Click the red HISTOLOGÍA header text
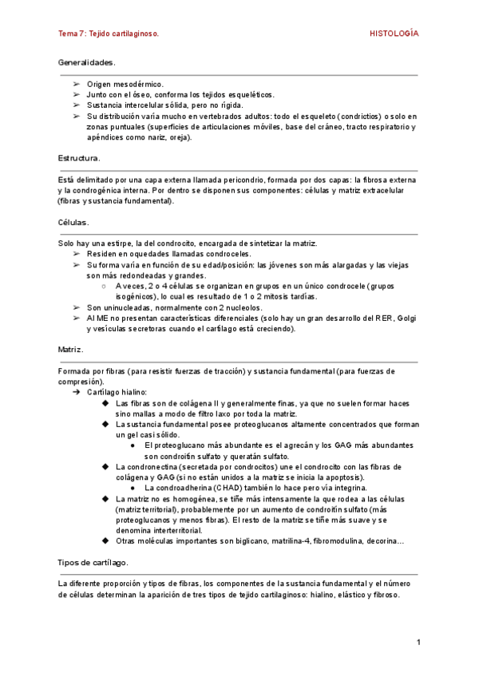pyautogui.click(x=394, y=34)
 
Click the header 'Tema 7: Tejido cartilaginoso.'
pyautogui.click(x=109, y=34)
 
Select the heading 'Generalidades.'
pyautogui.click(x=87, y=61)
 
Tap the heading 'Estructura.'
pyautogui.click(x=80, y=158)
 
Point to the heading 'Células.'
pyautogui.click(x=74, y=221)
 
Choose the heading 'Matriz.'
pyautogui.click(x=72, y=350)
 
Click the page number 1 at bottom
pyautogui.click(x=418, y=642)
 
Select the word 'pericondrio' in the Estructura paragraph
pyautogui.click(x=243, y=180)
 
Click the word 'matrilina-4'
pyautogui.click(x=281, y=540)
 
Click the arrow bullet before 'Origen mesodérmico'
pyautogui.click(x=75, y=83)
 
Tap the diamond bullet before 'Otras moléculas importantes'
pyautogui.click(x=105, y=540)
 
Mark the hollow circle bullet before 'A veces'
pyautogui.click(x=105, y=286)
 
